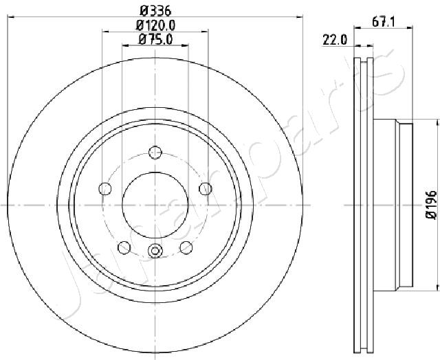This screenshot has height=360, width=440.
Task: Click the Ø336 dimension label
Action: coord(155,11)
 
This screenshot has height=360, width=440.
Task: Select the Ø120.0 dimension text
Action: coord(155,25)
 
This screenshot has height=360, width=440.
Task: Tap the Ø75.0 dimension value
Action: coord(155,40)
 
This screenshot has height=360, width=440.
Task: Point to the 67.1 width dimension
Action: coord(384,22)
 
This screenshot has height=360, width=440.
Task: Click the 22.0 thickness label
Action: coord(335,40)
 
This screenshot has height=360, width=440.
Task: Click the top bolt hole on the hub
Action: coord(155,153)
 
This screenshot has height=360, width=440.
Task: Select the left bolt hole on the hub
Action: coord(105,188)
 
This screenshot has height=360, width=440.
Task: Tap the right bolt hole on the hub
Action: coord(206,188)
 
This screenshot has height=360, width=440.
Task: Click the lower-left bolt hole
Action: coord(124,247)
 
